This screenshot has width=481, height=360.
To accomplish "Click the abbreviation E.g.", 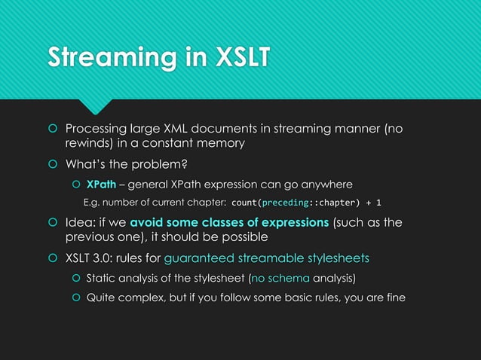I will click(93, 203).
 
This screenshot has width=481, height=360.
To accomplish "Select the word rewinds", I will click(88, 143).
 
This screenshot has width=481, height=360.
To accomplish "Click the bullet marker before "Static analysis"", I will click(75, 279).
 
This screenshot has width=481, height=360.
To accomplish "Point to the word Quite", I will click(102, 297).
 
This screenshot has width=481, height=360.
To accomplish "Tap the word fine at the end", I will click(394, 297).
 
